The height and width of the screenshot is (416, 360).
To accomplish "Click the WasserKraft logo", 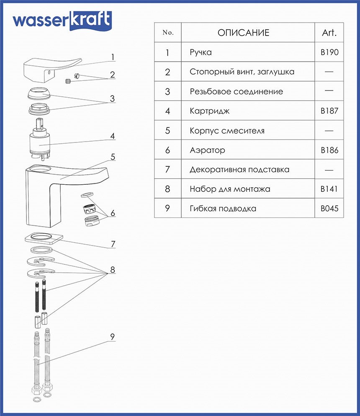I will [62, 21].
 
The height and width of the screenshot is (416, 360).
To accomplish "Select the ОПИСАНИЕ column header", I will [243, 33].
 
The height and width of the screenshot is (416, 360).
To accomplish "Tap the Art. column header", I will [329, 33].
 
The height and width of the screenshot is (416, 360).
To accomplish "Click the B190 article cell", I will [329, 52].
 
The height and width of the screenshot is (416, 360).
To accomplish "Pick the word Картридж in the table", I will [209, 111].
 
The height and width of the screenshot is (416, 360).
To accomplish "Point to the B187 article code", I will [329, 111].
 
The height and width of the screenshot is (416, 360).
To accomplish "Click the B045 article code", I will [329, 209].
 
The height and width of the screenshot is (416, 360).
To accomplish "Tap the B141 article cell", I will [329, 189].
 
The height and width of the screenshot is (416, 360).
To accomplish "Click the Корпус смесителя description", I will [227, 131].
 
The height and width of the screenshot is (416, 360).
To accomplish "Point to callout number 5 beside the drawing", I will [113, 157].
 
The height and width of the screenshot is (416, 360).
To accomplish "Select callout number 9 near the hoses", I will [113, 337].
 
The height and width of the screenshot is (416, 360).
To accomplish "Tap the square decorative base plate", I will [43, 238].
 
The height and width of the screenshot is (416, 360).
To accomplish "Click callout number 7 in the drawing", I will [113, 244].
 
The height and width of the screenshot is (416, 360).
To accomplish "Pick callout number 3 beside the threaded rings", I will [112, 99].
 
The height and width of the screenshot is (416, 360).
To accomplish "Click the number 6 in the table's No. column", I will [167, 150].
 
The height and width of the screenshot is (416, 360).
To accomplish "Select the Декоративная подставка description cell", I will [239, 170].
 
